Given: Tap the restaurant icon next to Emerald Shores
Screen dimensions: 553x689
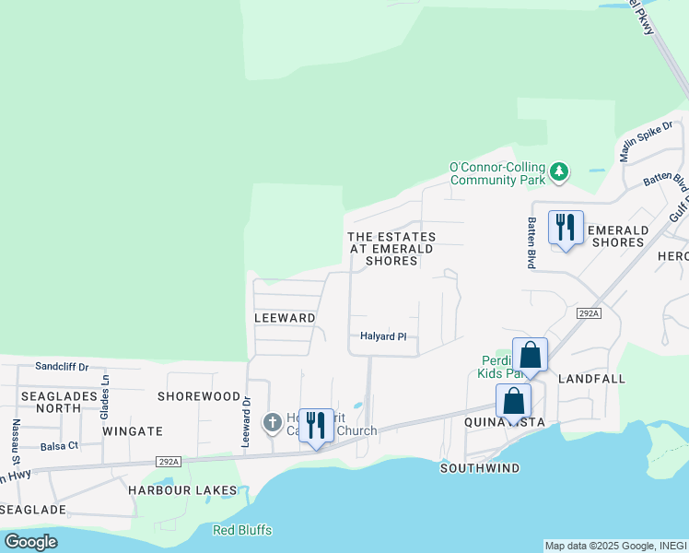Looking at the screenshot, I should [566, 227].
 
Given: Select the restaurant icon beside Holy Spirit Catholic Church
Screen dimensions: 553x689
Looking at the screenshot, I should [316, 425].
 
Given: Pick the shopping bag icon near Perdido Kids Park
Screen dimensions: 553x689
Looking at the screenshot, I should [530, 355].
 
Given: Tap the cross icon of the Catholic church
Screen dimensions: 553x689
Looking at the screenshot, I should [272, 422].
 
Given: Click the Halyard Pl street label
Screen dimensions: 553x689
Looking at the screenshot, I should [383, 336].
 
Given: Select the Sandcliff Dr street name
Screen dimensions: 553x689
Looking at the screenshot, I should [62, 366].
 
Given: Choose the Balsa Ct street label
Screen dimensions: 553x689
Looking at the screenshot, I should [60, 446].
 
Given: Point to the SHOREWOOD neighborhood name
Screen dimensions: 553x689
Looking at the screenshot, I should [198, 396].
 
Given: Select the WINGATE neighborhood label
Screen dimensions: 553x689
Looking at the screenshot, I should [133, 430].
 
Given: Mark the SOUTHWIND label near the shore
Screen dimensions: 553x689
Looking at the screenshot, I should [479, 468].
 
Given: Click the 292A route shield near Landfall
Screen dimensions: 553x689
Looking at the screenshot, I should [589, 313].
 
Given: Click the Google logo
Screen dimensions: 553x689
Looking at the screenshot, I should [30, 541].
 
